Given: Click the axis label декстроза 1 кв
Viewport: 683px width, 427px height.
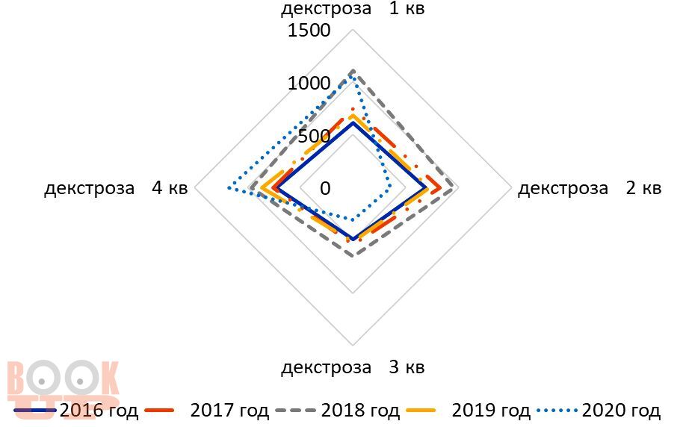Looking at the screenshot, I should pyautogui.click(x=353, y=9).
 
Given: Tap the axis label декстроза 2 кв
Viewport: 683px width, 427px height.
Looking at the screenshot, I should pyautogui.click(x=589, y=188).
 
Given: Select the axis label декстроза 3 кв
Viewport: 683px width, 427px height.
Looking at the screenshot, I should pyautogui.click(x=353, y=367).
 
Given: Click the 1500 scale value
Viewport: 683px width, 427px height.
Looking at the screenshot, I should pyautogui.click(x=309, y=31).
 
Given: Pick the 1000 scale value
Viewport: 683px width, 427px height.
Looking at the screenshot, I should pyautogui.click(x=309, y=83).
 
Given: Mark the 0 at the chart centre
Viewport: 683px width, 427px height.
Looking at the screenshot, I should pyautogui.click(x=325, y=188).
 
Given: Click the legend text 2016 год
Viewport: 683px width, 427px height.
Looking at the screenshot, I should pyautogui.click(x=99, y=410).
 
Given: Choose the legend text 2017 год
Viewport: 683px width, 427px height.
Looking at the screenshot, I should pyautogui.click(x=229, y=410).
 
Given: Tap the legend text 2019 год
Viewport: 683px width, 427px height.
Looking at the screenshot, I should pyautogui.click(x=491, y=410).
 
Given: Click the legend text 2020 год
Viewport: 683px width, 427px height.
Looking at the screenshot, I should pyautogui.click(x=621, y=410).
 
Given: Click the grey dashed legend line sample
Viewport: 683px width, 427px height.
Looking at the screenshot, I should pyautogui.click(x=297, y=410).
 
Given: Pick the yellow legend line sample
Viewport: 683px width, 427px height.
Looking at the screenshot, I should pyautogui.click(x=427, y=410).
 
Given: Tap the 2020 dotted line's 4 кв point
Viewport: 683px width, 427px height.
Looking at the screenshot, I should pyautogui.click(x=227, y=188).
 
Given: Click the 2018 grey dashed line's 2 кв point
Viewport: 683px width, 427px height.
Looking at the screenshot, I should pyautogui.click(x=455, y=188).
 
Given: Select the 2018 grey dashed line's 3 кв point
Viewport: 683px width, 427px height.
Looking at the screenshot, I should pyautogui.click(x=353, y=255).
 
